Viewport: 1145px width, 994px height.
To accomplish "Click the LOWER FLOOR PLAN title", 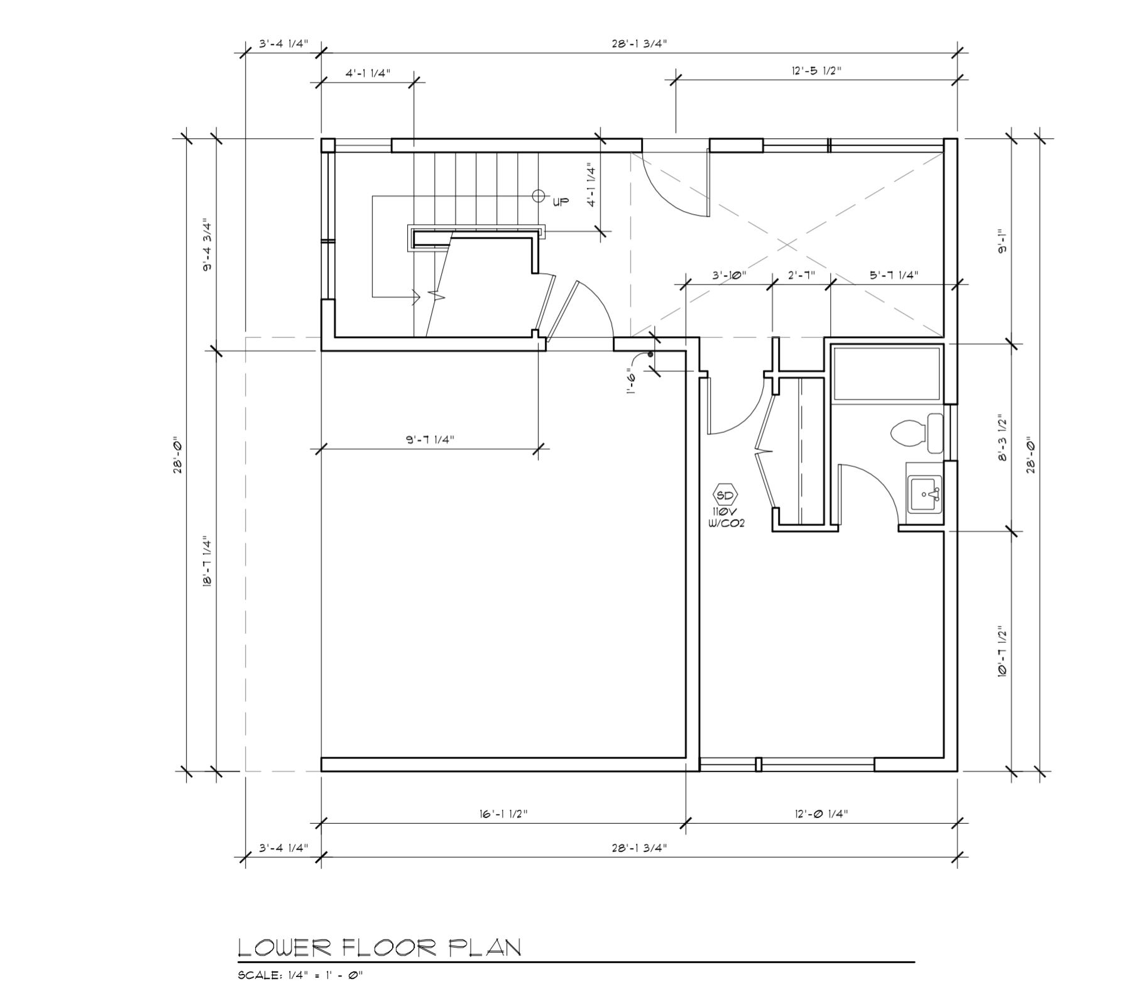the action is point(380,948).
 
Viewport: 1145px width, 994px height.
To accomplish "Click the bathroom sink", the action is point(924,494).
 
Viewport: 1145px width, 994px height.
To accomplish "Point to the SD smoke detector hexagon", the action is point(725,495).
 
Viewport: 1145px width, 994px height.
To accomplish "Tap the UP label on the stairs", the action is point(561,202).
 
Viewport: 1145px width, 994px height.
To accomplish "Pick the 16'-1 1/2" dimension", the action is point(502,814).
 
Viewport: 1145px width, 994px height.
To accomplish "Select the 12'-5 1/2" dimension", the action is point(816,70).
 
